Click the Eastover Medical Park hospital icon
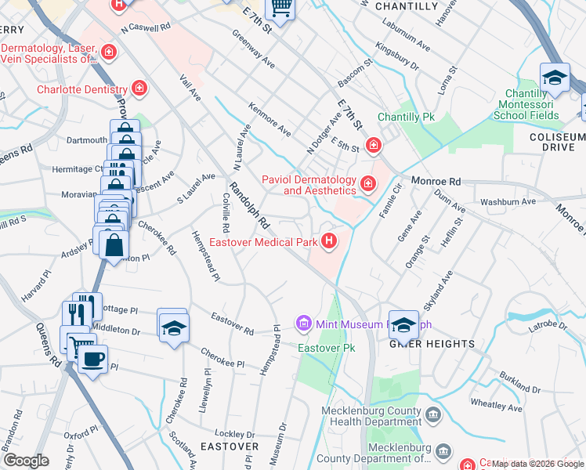pyautogui.click(x=330, y=240)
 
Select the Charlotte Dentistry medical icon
pyautogui.click(x=140, y=89)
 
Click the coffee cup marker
pyautogui.click(x=93, y=360)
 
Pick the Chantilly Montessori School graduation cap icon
pyautogui.click(x=554, y=78)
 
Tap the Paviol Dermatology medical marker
pyautogui.click(x=368, y=184)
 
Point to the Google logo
pyautogui.click(x=27, y=461)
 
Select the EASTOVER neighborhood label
pyautogui.click(x=229, y=446)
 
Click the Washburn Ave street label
pyautogui.click(x=508, y=201)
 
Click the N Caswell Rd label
pyautogui.click(x=145, y=27)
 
